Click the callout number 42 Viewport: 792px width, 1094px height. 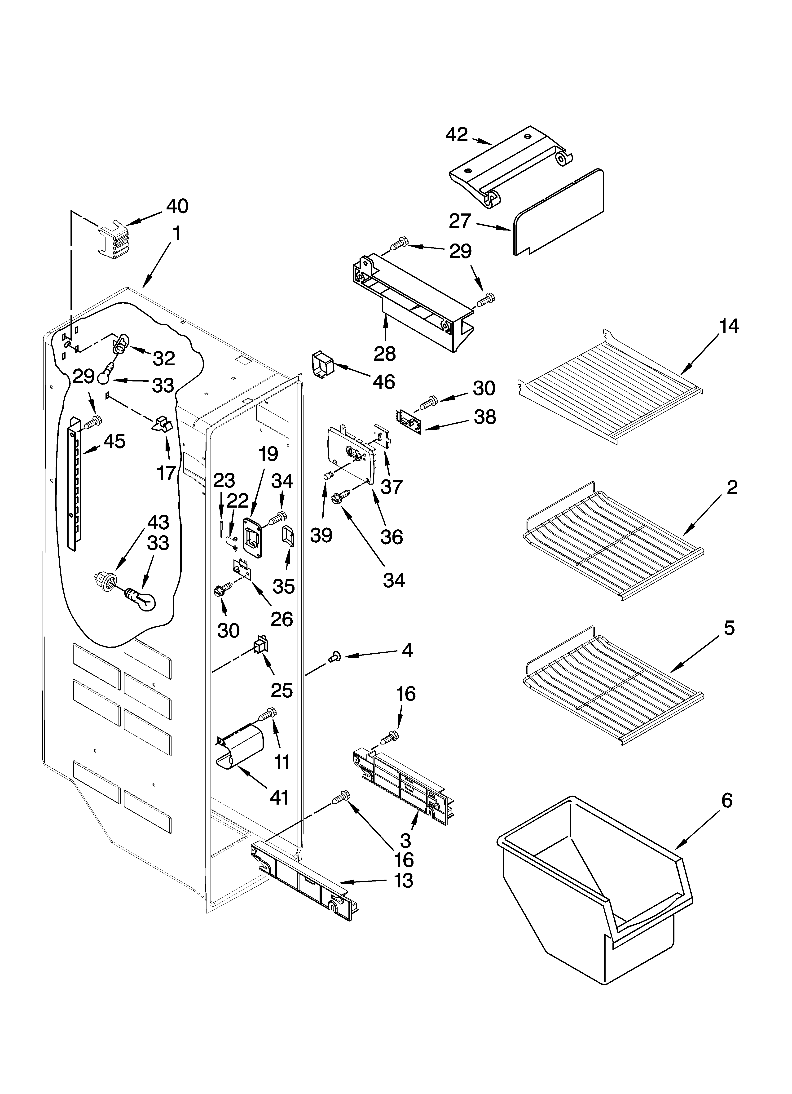pyautogui.click(x=456, y=135)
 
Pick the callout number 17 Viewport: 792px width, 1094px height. pyautogui.click(x=166, y=473)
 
